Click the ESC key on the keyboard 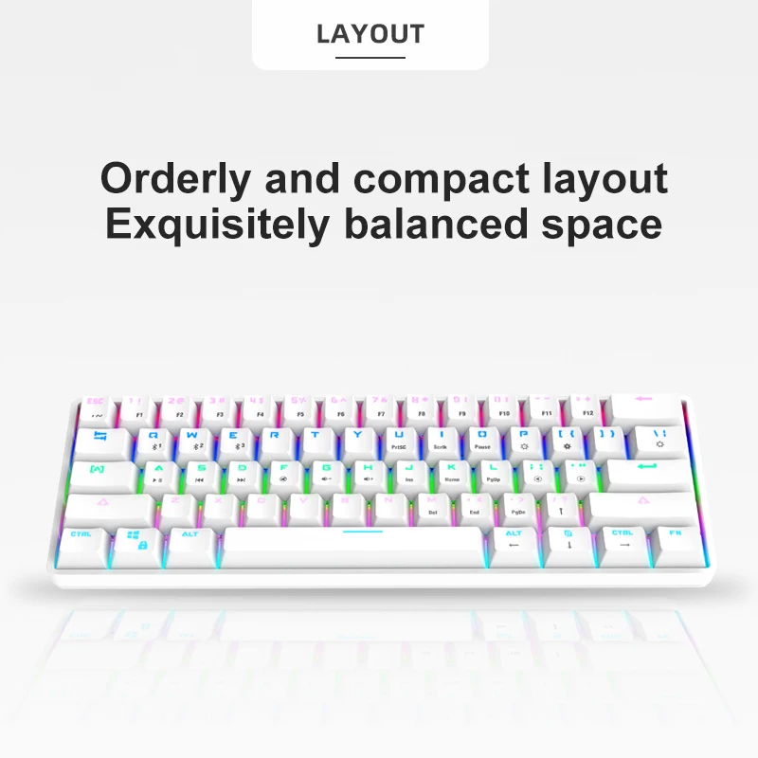[96, 407]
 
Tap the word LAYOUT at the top [370, 35]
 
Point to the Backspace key [644, 406]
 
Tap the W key [195, 440]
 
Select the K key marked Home [452, 472]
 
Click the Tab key [101, 440]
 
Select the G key [327, 472]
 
